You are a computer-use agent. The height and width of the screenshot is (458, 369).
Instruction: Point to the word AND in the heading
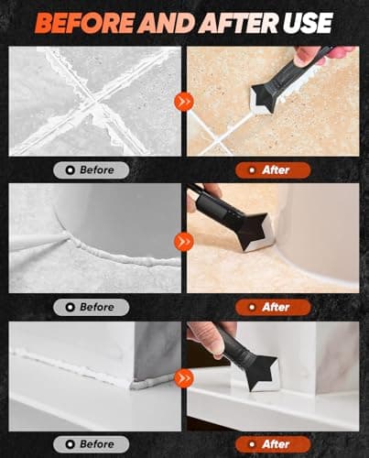(x=163, y=22)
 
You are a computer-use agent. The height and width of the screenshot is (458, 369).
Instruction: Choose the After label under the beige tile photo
(x=272, y=169)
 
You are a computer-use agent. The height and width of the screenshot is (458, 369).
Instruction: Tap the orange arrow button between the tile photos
(x=185, y=101)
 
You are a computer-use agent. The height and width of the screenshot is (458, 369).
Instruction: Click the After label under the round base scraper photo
(x=272, y=307)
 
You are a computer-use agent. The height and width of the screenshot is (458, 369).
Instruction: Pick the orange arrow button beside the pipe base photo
(x=185, y=242)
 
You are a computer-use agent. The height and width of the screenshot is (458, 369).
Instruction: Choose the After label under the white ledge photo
(x=272, y=443)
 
